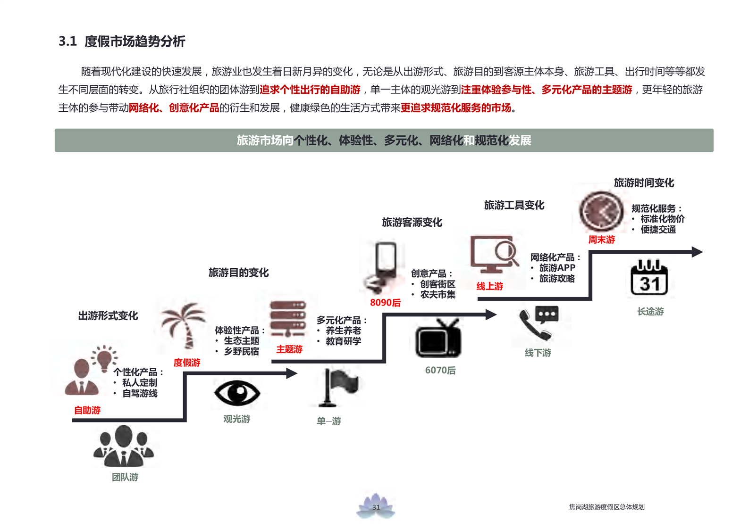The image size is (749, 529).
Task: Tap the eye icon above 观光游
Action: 237,393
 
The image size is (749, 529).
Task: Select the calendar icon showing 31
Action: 649,278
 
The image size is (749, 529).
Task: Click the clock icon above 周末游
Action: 601,212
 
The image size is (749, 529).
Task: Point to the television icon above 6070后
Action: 438,339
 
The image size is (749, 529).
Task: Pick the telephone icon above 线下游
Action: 538,323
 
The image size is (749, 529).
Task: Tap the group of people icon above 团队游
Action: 124,446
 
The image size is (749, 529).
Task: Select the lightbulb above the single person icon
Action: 104,358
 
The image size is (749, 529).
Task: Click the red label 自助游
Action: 87,410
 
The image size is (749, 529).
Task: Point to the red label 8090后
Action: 385,303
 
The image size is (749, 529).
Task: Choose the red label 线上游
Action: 489,286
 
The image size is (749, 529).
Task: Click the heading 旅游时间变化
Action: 644,183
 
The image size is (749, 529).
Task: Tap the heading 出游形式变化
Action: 108,316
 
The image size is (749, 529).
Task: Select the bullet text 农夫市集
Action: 438,295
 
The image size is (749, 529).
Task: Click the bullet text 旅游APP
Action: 557,268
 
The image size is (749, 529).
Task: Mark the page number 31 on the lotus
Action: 376,507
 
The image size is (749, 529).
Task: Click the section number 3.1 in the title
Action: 67,41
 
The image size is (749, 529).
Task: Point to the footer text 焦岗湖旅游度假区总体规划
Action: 606,507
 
